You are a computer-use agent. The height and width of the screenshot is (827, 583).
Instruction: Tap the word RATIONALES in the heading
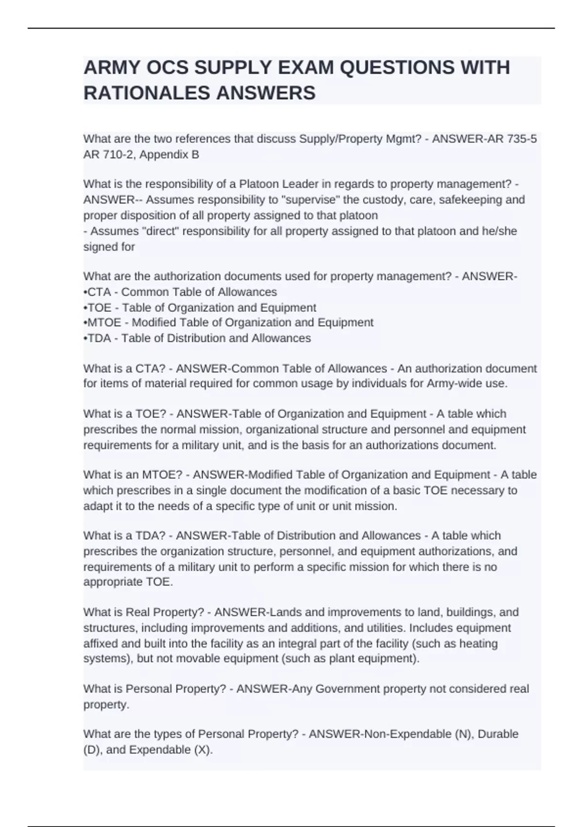(147, 93)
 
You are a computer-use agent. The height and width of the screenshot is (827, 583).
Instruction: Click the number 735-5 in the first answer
(521, 139)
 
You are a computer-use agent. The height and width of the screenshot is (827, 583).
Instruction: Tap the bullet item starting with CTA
(180, 292)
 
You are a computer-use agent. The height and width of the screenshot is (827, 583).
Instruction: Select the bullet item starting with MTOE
(229, 323)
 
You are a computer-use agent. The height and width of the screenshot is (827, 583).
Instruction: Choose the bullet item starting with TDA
(197, 338)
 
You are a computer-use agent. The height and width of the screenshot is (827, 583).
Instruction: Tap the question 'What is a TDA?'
(124, 536)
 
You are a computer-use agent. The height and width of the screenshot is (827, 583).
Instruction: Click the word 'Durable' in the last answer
(498, 734)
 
